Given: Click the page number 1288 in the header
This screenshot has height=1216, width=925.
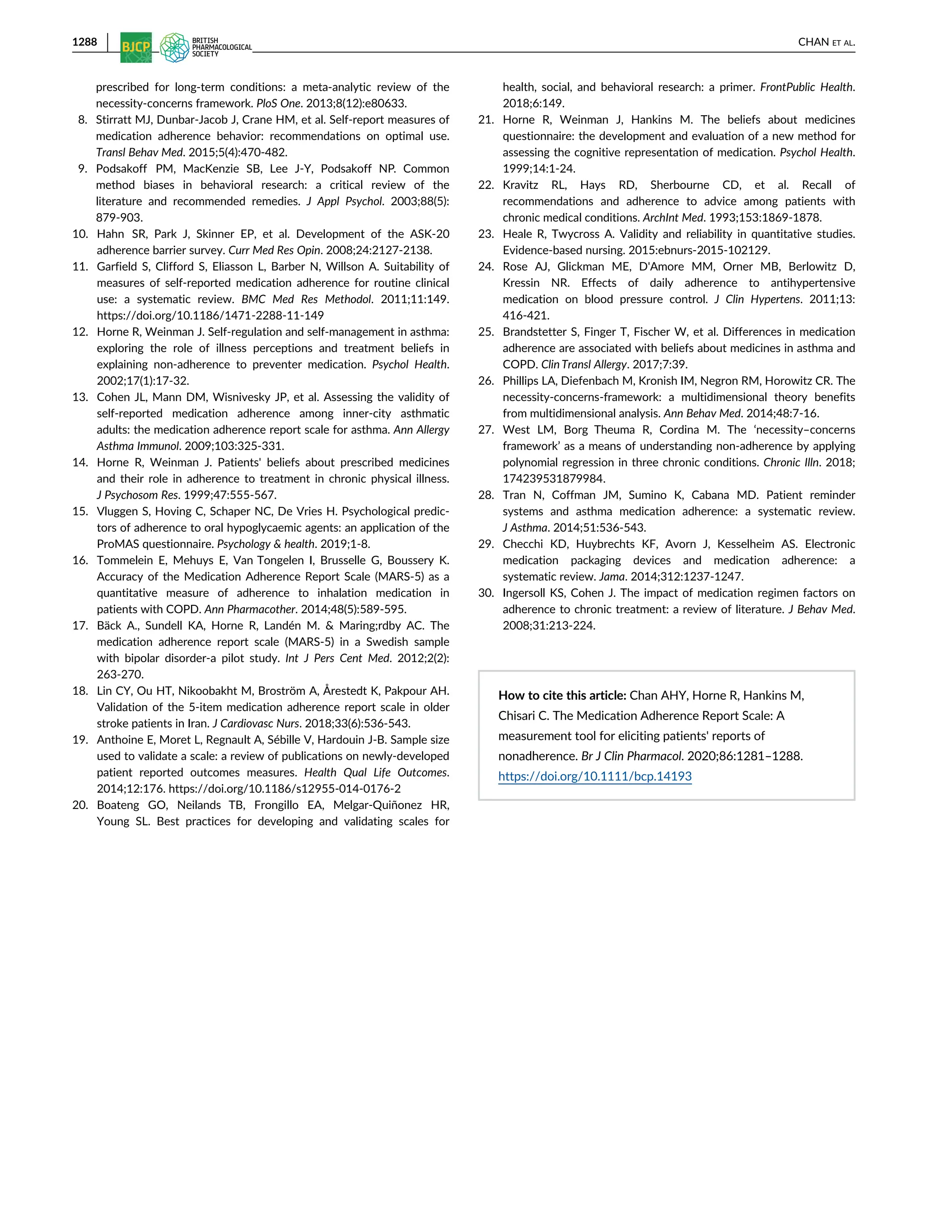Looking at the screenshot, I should pos(84,42).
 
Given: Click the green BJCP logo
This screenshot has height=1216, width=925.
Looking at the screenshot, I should pos(136,47).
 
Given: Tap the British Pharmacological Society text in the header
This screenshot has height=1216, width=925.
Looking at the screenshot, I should pos(221,47).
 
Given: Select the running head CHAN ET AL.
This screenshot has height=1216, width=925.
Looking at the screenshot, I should pos(826,42).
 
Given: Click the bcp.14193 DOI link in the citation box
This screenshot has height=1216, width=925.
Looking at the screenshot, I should pos(595,776).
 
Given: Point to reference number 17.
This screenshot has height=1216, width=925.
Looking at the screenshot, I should pos(80,626).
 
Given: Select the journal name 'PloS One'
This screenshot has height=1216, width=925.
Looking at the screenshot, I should pos(278,103).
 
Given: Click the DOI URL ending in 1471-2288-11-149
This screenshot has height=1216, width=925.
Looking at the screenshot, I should pos(210,316).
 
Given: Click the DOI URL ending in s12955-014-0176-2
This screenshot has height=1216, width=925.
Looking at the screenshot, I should pos(285,789).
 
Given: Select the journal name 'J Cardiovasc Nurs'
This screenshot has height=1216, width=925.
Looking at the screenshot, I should pos(255,724).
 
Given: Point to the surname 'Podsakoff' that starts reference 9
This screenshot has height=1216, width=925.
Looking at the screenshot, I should pos(121,169).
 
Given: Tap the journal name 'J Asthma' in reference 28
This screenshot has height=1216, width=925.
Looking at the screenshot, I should pos(525,528).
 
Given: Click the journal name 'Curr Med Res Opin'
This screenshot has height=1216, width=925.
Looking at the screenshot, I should pos(274,251).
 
